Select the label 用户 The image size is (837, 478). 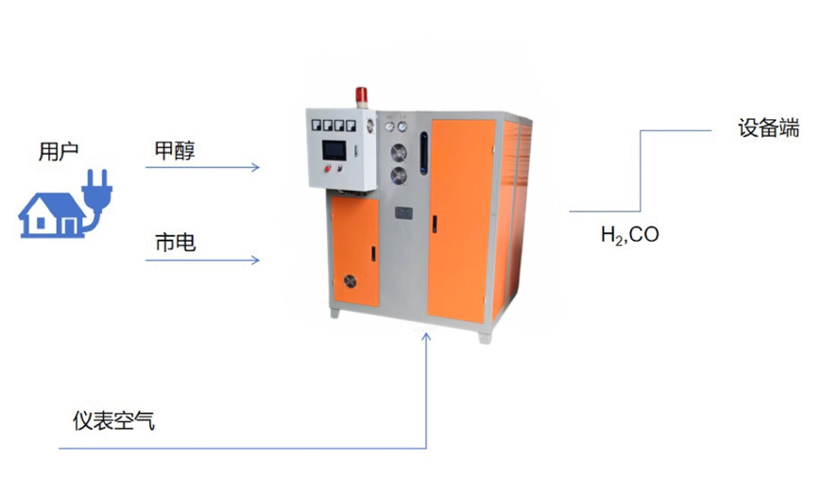[58, 151]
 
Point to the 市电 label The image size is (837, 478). [175, 243]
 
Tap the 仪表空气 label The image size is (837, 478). [113, 421]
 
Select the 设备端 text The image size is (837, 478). [768, 128]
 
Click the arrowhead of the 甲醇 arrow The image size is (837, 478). [254, 168]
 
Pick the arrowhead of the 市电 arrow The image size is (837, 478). [254, 259]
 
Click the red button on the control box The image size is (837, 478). [329, 168]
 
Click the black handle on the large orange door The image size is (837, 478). [435, 225]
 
